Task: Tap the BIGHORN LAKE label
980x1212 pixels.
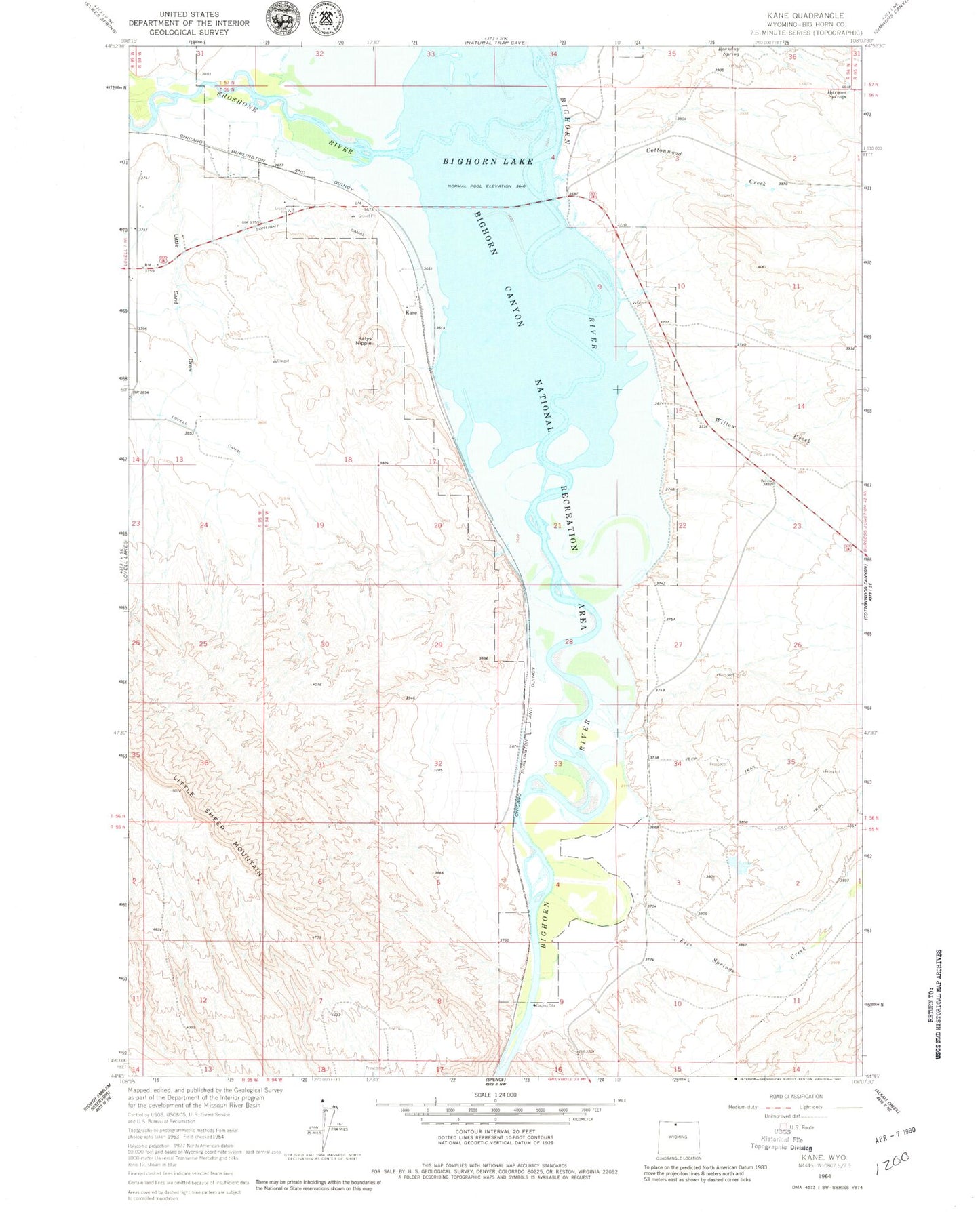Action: pos(488,161)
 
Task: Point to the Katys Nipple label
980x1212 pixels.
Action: pos(365,341)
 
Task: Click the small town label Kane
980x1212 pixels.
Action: pos(411,313)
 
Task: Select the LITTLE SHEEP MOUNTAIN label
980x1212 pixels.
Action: pos(218,826)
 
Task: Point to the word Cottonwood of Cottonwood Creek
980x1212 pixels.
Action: pos(664,152)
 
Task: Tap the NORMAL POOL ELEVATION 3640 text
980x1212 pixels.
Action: pos(486,186)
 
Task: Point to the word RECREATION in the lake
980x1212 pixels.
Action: pos(570,519)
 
